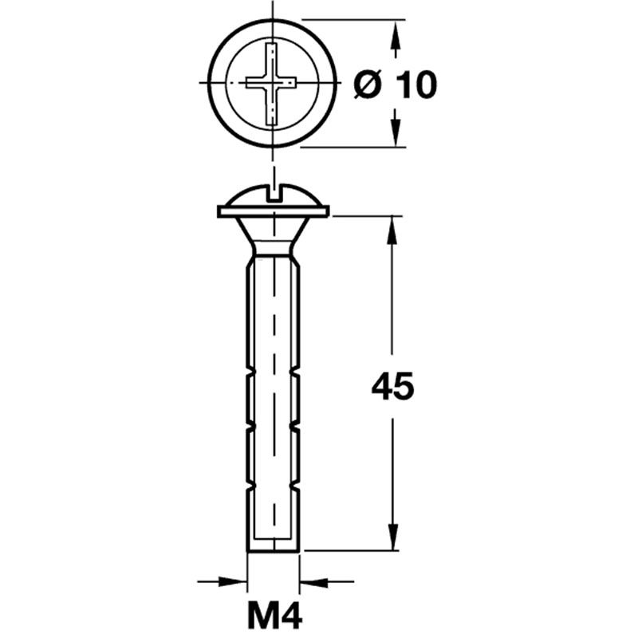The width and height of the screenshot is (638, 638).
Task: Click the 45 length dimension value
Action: click(x=392, y=388)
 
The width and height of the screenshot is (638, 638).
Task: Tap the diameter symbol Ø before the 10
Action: click(x=368, y=84)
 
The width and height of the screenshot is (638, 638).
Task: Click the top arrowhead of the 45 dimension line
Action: click(x=392, y=226)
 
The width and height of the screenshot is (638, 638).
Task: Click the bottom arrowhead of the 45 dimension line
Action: click(x=392, y=539)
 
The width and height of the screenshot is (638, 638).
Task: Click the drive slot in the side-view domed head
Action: click(x=274, y=192)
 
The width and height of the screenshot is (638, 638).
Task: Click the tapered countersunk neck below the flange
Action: click(x=274, y=234)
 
